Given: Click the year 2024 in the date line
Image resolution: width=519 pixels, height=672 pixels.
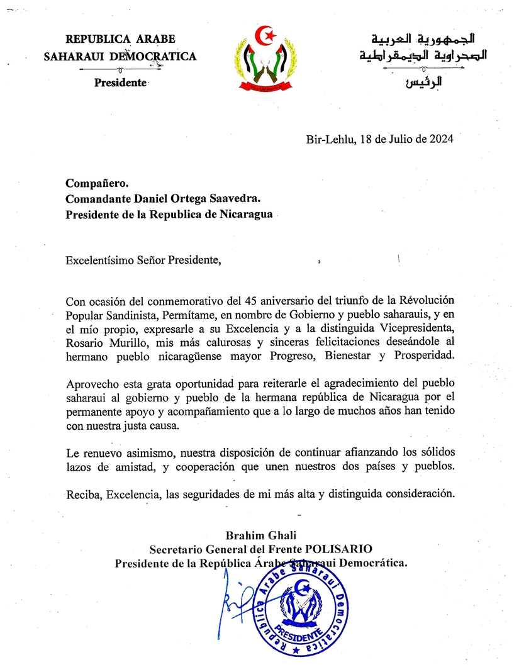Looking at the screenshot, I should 437,140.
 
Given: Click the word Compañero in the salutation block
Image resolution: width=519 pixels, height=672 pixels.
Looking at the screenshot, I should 97,183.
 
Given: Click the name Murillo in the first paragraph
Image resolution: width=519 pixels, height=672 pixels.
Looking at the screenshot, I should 128,342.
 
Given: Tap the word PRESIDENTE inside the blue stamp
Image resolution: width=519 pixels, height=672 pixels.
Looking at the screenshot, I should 305,629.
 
